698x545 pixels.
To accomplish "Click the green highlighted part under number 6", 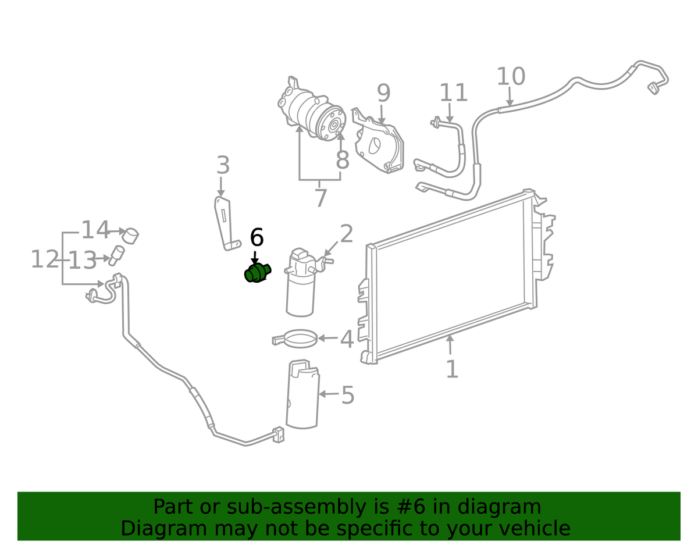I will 257,272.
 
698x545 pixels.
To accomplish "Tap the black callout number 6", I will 257,237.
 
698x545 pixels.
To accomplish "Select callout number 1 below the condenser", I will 452,369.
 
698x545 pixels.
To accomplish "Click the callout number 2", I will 346,234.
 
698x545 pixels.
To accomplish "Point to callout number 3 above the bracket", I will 223,166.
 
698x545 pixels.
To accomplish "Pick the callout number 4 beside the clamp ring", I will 347,339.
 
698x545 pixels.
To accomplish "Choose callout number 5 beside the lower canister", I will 347,396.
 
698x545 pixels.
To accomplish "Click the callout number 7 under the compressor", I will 320,198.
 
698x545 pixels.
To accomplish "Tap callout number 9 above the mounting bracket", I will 383,93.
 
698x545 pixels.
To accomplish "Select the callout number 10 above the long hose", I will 511,77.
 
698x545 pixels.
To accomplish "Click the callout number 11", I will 453,93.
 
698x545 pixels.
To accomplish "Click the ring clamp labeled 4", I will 295,339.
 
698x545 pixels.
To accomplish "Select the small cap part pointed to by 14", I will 132,236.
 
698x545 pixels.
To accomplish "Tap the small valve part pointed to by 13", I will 116,254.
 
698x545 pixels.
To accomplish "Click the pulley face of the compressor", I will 334,125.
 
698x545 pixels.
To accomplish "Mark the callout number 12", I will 45,259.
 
